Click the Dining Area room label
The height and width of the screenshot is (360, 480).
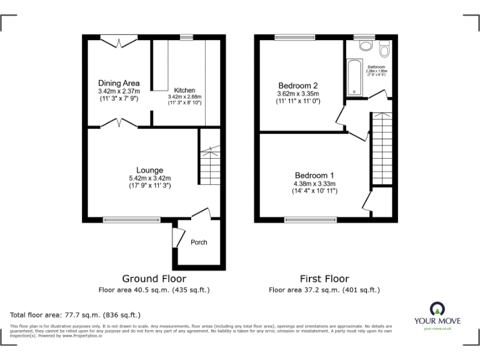coord(119,83)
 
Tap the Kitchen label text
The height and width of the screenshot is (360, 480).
coord(184,90)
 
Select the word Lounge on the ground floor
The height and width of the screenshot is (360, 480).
coord(150,170)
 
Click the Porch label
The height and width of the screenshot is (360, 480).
coord(199,242)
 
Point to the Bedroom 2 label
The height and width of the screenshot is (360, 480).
coord(298,86)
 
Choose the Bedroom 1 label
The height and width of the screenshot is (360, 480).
coord(314,175)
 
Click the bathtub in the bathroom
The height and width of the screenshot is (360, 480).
coord(354,78)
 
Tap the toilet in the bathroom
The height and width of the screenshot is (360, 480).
coord(384,47)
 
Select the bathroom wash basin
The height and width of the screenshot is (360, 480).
coord(366,46)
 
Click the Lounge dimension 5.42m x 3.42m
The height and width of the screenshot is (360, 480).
coord(150,178)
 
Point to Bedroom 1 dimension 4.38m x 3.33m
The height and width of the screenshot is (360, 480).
coord(314,184)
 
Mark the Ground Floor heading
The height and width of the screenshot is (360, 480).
coord(154,279)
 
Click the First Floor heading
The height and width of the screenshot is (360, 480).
coord(324,279)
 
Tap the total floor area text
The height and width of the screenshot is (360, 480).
coord(76,315)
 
